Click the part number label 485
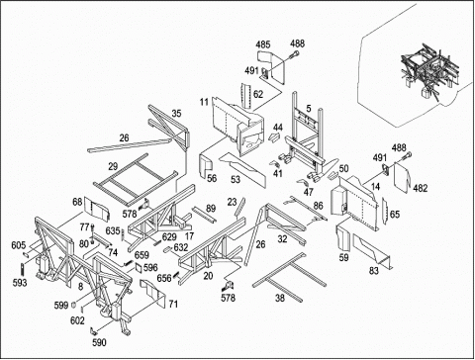(263, 45)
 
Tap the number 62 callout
(258, 94)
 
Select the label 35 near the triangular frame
(177, 114)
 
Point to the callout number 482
(421, 188)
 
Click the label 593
(20, 283)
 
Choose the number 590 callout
(99, 343)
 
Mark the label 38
(280, 298)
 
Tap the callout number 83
(374, 271)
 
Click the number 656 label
(164, 278)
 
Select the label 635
(113, 230)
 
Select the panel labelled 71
(152, 293)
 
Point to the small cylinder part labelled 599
(74, 305)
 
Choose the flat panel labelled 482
(402, 178)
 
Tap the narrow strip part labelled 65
(384, 210)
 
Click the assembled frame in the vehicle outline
(429, 71)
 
